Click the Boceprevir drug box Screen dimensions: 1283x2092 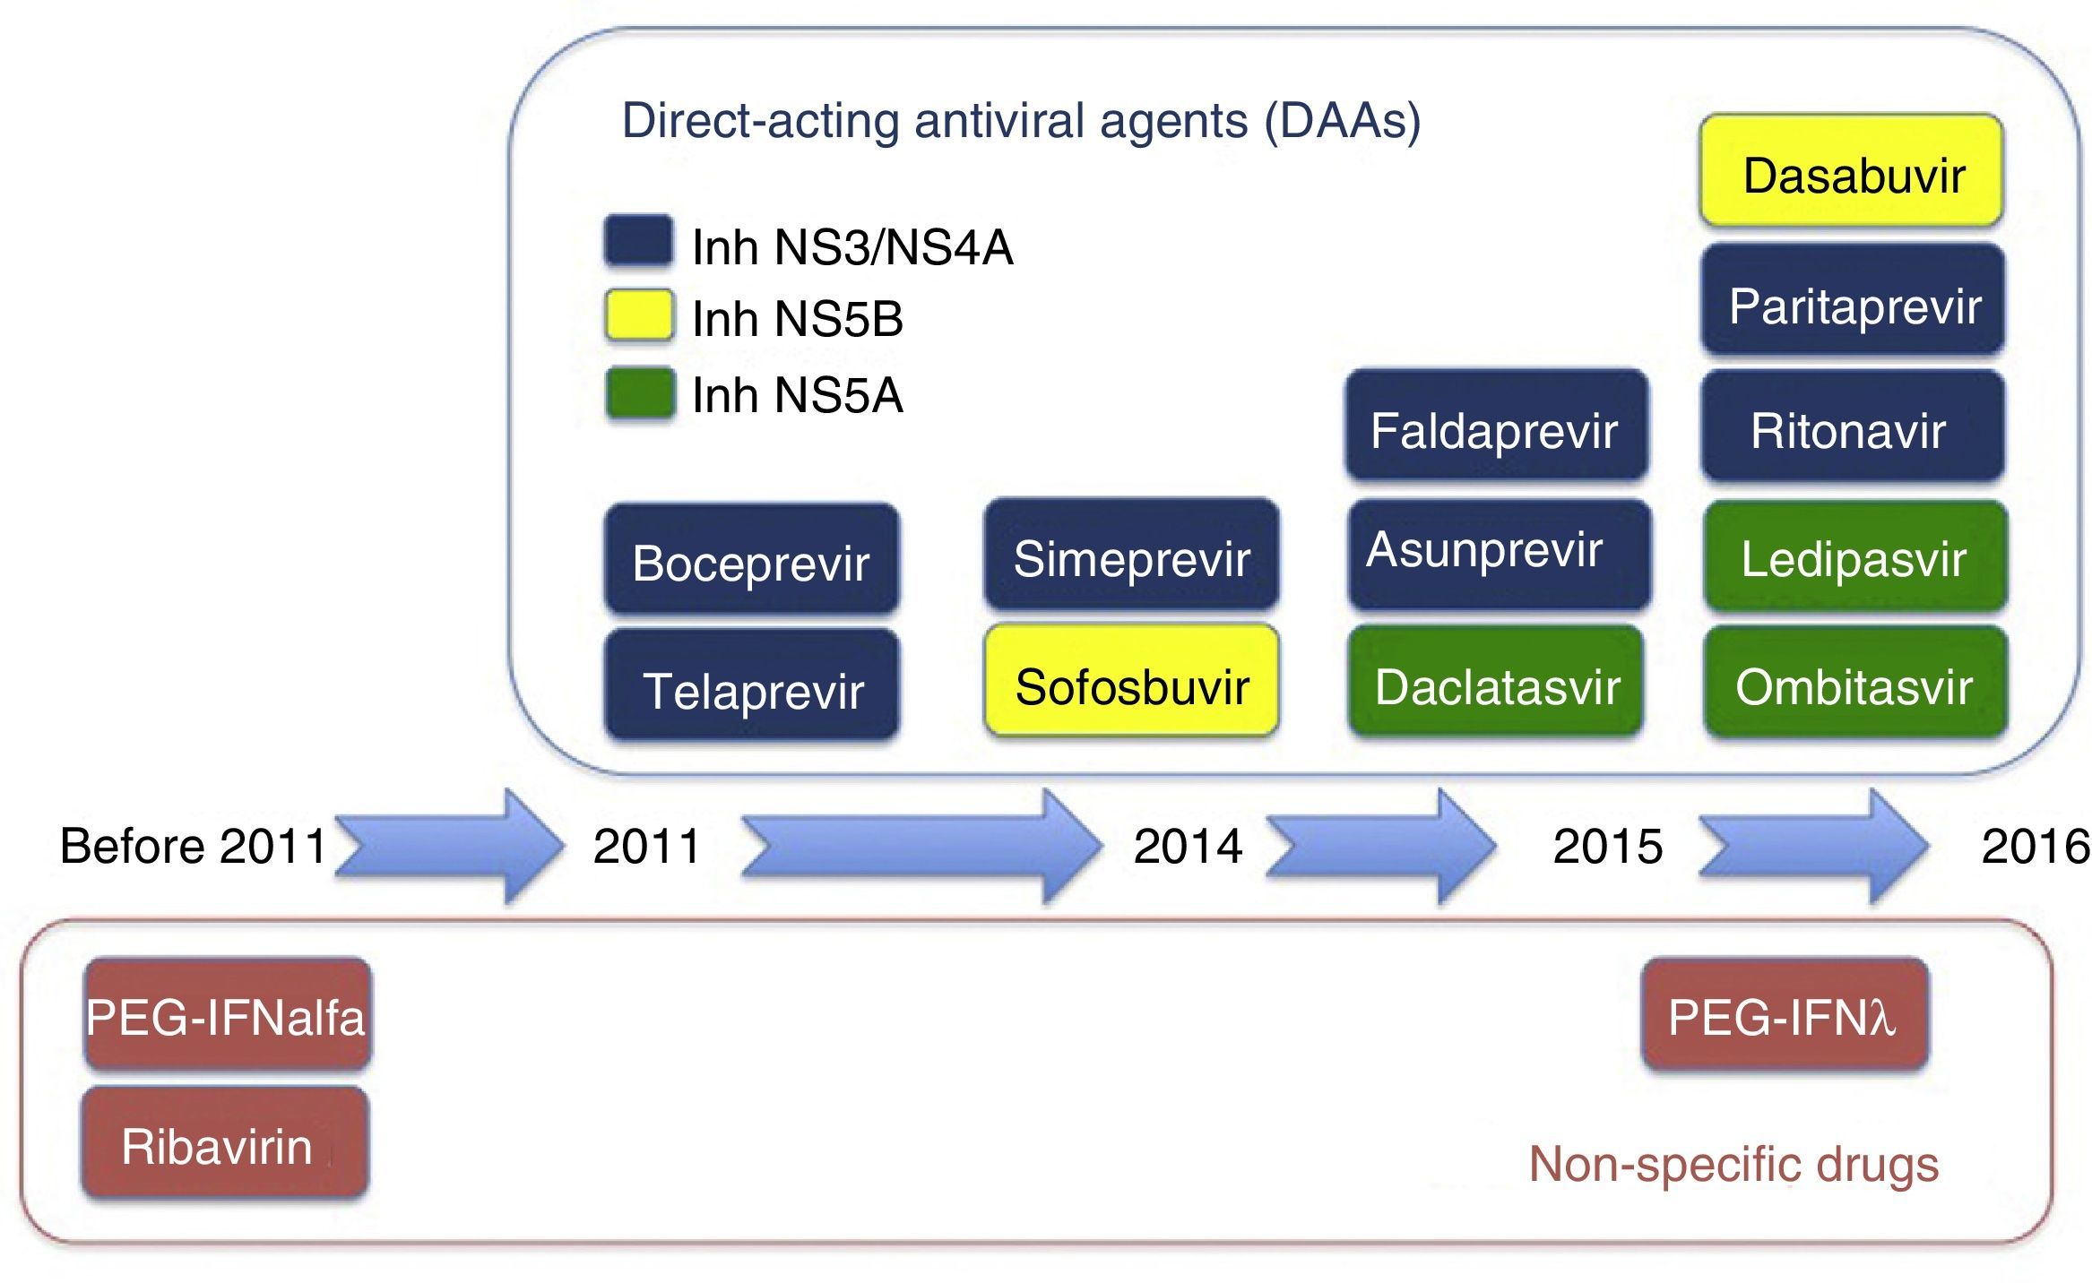tap(751, 561)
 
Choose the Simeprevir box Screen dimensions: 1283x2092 tap(1131, 555)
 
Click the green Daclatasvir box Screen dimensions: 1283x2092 tap(1495, 683)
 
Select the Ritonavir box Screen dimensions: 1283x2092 tap(1851, 427)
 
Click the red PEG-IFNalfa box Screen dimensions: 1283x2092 tap(228, 1015)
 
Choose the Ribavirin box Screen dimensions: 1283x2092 tap(224, 1144)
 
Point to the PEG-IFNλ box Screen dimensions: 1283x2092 tap(1784, 1015)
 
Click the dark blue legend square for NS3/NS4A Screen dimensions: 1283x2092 tap(638, 241)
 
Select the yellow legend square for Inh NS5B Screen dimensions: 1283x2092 tap(638, 314)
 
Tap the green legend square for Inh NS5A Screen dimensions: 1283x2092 tap(638, 392)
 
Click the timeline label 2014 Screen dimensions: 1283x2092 tap(1188, 847)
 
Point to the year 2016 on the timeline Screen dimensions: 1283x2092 tap(2035, 847)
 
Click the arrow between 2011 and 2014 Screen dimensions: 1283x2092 tap(919, 847)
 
